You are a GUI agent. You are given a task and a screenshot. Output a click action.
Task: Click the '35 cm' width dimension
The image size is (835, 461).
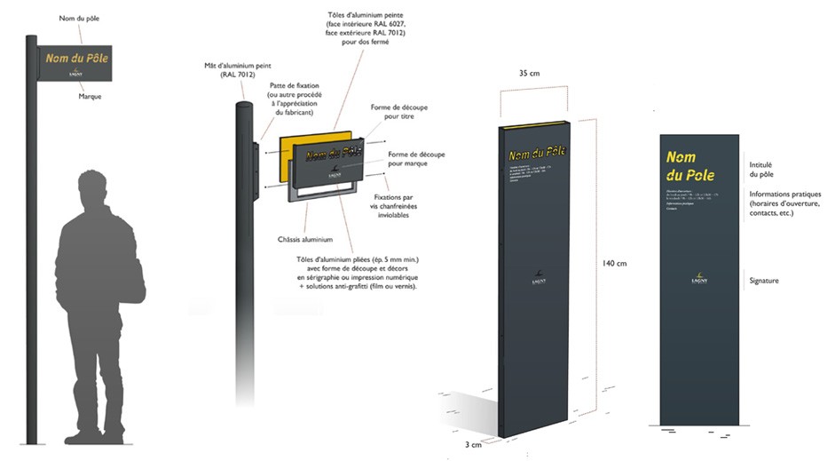(529, 74)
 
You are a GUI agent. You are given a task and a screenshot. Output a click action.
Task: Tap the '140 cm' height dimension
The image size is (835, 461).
(615, 263)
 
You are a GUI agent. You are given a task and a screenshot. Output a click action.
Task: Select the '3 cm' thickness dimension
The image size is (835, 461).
(475, 442)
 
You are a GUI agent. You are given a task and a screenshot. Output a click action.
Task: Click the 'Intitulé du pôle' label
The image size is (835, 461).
(761, 169)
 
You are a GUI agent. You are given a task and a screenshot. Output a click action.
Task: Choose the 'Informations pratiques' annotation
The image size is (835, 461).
(784, 205)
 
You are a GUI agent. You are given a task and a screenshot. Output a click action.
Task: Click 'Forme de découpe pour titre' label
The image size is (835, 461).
(399, 112)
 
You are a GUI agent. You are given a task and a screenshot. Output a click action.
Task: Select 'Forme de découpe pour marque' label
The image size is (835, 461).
(417, 160)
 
